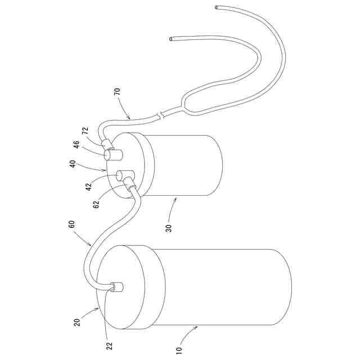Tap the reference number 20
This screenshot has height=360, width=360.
[x=77, y=321]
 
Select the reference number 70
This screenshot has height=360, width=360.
[x=117, y=93]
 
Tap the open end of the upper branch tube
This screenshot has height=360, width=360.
[x=217, y=7]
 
